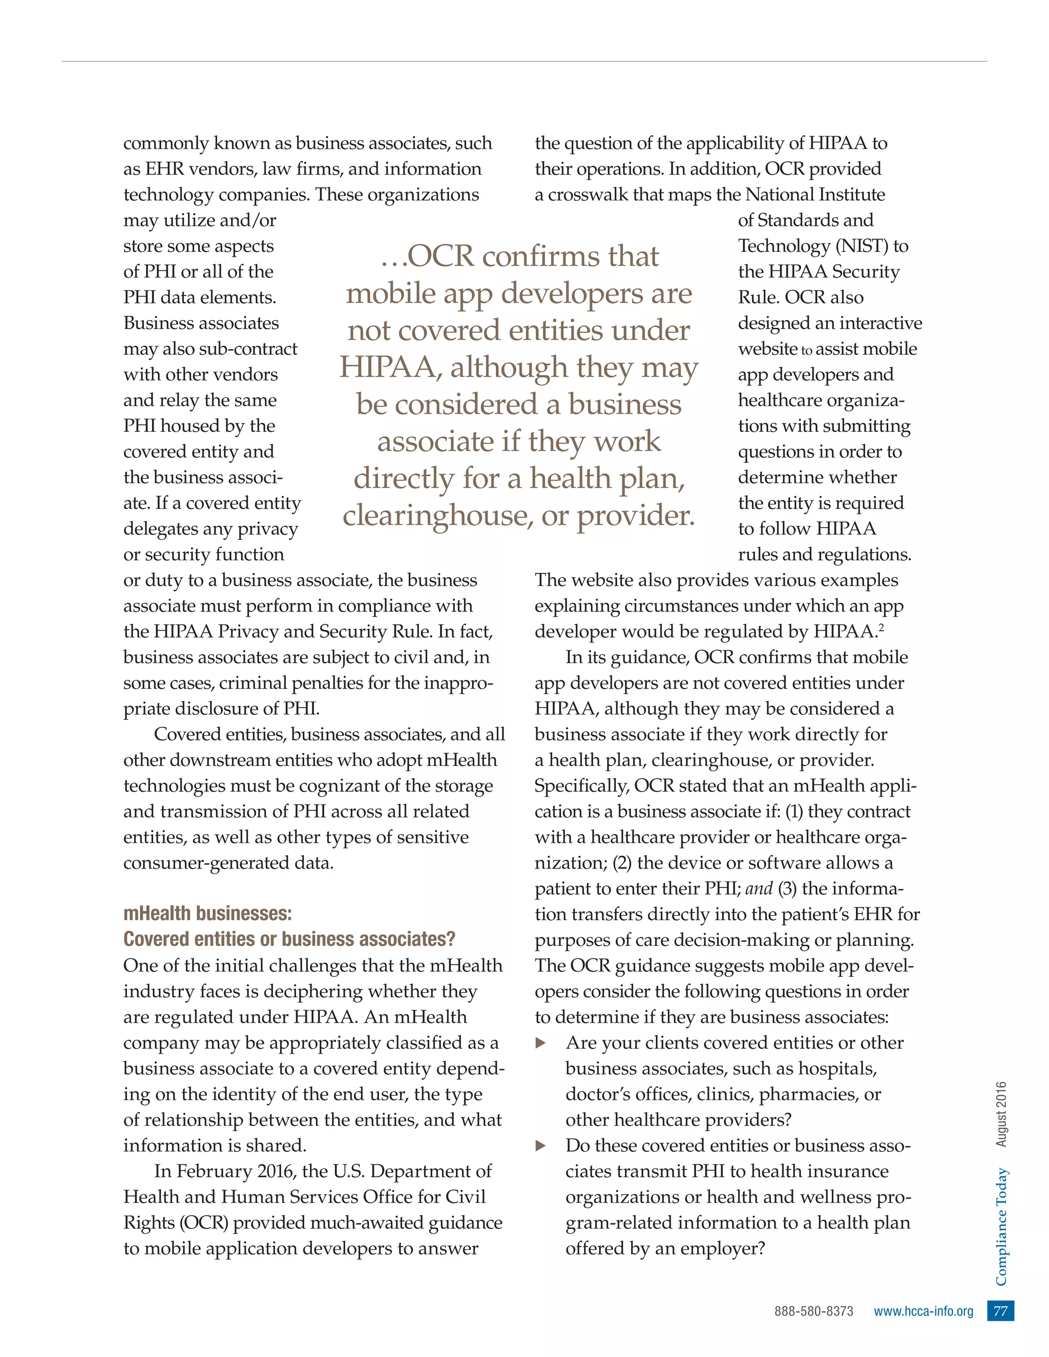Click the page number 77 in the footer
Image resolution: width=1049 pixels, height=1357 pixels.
(x=1000, y=1311)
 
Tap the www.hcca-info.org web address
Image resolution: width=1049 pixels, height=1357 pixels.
(x=923, y=1311)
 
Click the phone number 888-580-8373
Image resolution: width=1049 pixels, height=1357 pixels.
(x=813, y=1311)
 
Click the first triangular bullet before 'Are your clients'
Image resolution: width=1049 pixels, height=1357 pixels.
(x=541, y=1043)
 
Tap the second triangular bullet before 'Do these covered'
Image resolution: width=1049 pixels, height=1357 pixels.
(x=541, y=1146)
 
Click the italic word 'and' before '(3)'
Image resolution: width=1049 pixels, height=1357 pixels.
(x=758, y=888)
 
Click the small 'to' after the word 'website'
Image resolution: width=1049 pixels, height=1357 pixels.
(x=807, y=350)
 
